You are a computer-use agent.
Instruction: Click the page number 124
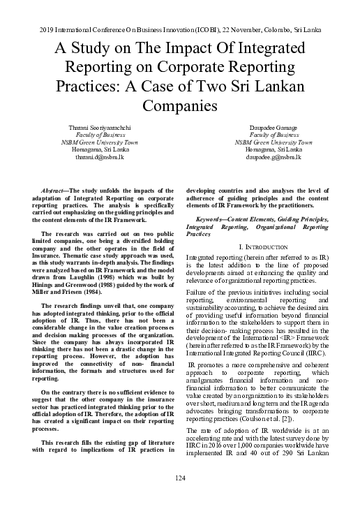click(x=179, y=478)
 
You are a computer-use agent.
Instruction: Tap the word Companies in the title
click(x=179, y=107)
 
